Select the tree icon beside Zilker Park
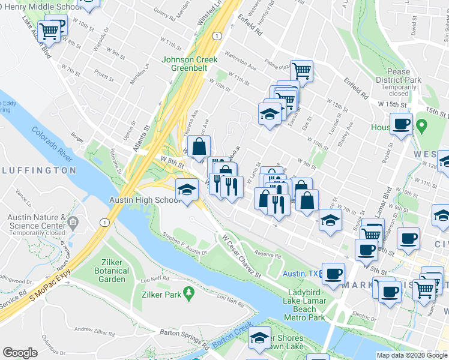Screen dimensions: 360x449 190,292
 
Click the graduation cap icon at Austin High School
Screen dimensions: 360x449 187,190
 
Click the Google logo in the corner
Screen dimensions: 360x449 20,353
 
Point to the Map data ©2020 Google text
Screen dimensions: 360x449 411,355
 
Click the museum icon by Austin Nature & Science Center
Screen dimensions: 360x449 73,223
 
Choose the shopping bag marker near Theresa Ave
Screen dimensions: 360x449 199,145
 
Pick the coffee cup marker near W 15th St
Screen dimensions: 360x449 401,124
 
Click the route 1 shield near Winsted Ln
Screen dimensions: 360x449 217,36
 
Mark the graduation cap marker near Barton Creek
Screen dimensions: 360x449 259,337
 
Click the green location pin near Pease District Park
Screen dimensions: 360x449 422,127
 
